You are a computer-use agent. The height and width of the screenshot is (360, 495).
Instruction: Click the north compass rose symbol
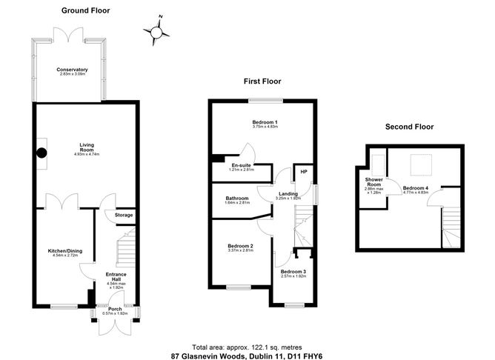(x=156, y=30)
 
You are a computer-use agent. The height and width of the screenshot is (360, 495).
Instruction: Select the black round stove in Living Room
(x=42, y=153)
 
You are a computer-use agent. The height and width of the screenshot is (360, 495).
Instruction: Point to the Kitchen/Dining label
(x=64, y=251)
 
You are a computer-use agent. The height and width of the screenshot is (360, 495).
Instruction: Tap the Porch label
(x=115, y=310)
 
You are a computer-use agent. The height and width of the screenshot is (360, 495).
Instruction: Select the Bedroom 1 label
(x=265, y=122)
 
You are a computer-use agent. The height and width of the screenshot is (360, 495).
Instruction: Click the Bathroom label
(x=238, y=199)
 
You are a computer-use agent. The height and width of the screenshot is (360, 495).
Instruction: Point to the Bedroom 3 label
(x=294, y=272)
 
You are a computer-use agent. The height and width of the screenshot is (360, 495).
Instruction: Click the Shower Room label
(x=373, y=183)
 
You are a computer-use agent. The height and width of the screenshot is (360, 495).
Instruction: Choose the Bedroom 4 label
(x=415, y=188)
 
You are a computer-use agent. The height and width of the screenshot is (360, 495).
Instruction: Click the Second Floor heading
(x=409, y=127)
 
